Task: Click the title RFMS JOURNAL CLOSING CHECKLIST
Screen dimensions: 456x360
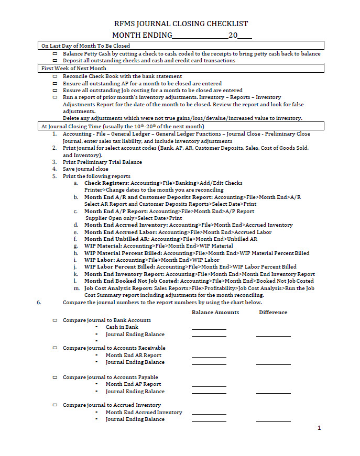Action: pos(181,24)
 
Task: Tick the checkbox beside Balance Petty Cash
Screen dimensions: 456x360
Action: pos(55,54)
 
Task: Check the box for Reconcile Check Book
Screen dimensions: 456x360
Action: pos(55,76)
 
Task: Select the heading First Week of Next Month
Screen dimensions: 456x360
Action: pos(74,69)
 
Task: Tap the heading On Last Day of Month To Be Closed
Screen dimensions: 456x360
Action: pos(85,46)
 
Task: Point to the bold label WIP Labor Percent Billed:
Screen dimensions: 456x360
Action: pos(119,267)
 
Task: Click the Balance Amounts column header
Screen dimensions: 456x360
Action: pos(215,313)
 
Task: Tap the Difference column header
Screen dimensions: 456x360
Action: pos(273,313)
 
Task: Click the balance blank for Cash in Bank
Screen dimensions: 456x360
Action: pos(209,328)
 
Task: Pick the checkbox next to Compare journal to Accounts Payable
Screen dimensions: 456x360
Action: pos(55,377)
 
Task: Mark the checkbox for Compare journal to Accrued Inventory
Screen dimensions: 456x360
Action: pos(55,405)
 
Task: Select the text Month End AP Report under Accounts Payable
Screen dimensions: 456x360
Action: pos(133,384)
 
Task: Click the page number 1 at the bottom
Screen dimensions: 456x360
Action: pos(319,428)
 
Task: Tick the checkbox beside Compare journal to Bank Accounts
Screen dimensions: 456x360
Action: pos(55,320)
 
